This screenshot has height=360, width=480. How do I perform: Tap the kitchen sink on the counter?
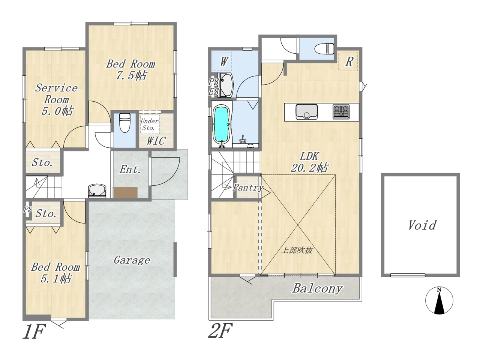coord(306,112)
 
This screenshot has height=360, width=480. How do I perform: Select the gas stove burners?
coord(341,112)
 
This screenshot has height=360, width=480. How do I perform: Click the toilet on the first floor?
coord(125,123)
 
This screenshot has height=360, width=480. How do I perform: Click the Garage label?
coord(132,260)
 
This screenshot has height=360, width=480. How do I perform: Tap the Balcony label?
coord(317,288)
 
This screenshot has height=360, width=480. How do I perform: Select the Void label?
coord(422,225)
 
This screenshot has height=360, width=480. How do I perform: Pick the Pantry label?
coord(248,187)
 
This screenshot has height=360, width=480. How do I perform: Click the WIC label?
coord(156,141)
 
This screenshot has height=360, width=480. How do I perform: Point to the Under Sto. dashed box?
coord(150,124)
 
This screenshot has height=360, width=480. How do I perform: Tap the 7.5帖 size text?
coord(131,76)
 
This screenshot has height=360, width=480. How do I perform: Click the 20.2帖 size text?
coord(309,168)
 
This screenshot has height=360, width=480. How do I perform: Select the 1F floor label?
coord(34,331)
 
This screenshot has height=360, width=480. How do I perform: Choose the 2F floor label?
coord(220,331)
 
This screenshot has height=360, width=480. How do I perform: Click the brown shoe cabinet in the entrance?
coord(126,193)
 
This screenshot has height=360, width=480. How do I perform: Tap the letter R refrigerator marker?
coord(349,61)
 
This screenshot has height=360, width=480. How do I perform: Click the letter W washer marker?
coord(223,61)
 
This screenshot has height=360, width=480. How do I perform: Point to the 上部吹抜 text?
coord(297,250)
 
